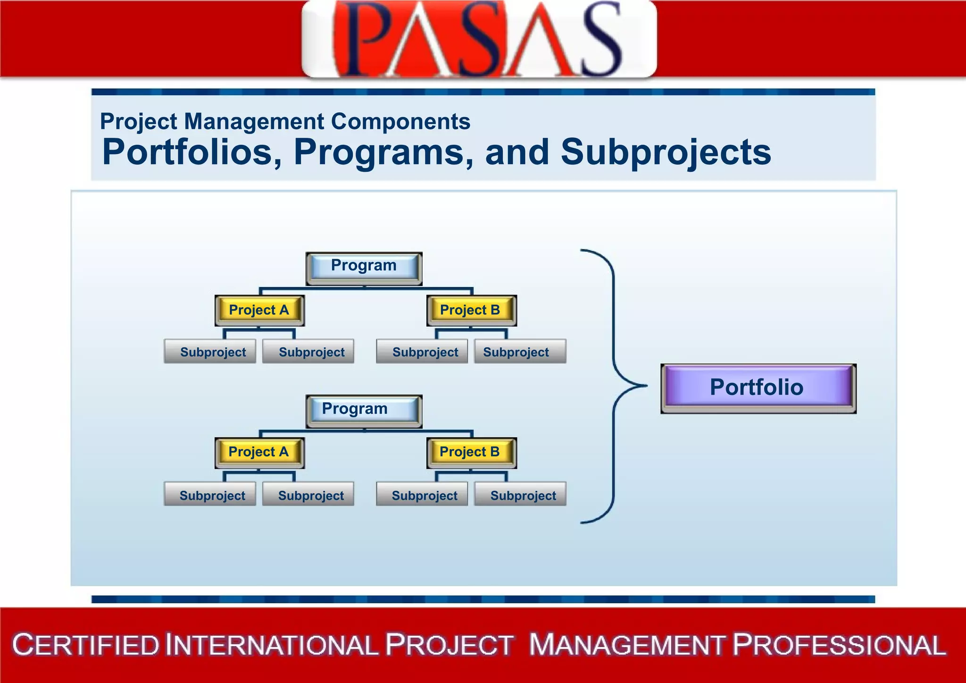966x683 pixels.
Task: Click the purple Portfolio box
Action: point(758,388)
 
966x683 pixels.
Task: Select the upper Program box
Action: point(364,267)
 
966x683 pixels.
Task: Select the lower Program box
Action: point(364,410)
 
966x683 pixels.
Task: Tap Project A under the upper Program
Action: point(259,310)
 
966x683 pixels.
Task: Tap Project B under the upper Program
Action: point(471,310)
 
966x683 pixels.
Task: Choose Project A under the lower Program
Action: point(259,452)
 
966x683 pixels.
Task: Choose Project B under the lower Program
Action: point(471,452)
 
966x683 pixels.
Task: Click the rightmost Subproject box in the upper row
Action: point(520,352)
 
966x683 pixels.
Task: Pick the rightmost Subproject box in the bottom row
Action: point(520,495)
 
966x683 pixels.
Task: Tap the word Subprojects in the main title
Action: point(666,152)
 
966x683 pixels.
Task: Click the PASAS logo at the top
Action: point(478,39)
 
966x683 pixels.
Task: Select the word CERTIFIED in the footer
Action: point(86,645)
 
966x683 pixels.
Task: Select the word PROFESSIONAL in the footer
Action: point(839,645)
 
